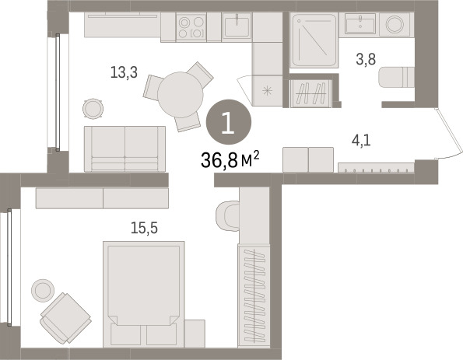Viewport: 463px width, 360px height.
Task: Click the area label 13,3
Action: (x=124, y=72)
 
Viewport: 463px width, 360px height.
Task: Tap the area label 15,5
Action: (x=145, y=228)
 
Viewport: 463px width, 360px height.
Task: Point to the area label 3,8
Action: (x=366, y=59)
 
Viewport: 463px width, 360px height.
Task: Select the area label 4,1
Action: (x=361, y=140)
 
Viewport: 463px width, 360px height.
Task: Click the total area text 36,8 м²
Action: (x=230, y=159)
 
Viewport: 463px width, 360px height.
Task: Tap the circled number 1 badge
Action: (x=229, y=121)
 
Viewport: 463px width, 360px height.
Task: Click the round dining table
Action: (x=181, y=95)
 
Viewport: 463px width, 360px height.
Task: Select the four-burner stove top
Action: (x=191, y=26)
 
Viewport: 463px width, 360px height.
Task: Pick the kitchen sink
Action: (x=237, y=26)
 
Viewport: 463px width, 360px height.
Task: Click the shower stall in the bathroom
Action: (x=314, y=40)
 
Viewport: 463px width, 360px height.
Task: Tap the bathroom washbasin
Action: (x=360, y=23)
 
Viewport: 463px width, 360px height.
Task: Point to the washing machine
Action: (x=395, y=24)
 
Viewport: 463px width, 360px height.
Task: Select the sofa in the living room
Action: (x=125, y=149)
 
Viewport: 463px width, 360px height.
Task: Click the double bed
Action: (x=144, y=294)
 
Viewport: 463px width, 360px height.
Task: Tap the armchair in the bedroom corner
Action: (x=65, y=318)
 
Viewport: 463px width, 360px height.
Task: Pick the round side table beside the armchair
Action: (x=43, y=290)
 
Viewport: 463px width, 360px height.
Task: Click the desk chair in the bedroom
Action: (x=227, y=216)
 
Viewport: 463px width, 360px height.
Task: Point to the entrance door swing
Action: (x=448, y=135)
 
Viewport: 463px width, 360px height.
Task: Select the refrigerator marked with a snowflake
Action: (x=268, y=91)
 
